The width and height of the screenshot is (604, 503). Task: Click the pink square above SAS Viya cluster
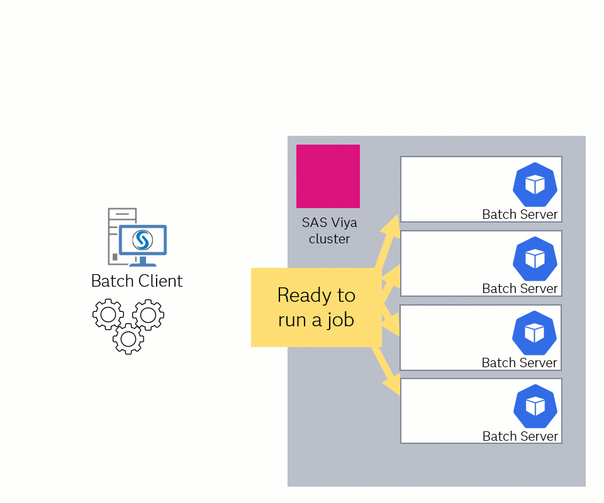click(x=328, y=176)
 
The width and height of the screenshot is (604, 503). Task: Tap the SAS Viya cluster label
click(x=329, y=231)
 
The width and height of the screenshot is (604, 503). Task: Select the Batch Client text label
click(x=137, y=280)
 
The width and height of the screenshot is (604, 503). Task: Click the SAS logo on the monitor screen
click(x=143, y=240)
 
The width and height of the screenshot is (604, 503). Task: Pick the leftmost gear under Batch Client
click(x=108, y=314)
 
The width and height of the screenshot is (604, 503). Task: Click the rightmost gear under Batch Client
click(x=148, y=314)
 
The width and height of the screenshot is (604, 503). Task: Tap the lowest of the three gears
click(x=128, y=339)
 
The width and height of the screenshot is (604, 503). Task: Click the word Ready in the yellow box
click(x=316, y=295)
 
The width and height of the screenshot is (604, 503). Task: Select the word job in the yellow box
click(x=340, y=319)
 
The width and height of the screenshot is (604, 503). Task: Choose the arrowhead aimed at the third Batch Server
click(x=393, y=328)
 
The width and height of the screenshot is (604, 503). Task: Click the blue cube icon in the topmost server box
click(x=535, y=184)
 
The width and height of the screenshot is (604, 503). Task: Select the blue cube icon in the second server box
click(x=535, y=258)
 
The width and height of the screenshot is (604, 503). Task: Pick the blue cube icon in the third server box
click(x=535, y=333)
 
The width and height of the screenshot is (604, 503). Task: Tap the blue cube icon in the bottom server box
click(x=535, y=406)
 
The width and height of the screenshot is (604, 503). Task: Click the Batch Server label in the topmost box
click(x=520, y=214)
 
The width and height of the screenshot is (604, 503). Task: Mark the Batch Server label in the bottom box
click(x=520, y=436)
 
